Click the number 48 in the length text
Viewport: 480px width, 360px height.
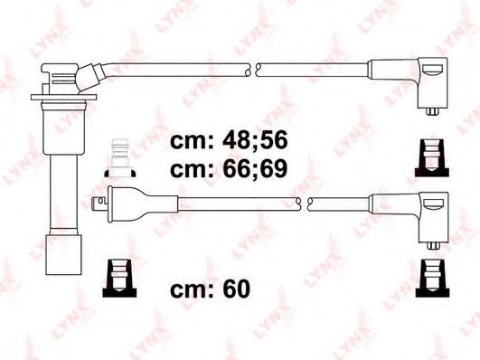tap(234, 140)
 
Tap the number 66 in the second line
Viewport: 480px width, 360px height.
tap(234, 169)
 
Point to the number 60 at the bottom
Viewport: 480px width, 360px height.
tap(236, 289)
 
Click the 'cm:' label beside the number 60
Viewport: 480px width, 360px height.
tap(192, 289)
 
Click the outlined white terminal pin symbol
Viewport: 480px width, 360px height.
tap(120, 158)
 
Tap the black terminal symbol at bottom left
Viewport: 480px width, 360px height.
tap(119, 279)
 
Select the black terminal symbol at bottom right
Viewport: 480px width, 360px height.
tap(432, 279)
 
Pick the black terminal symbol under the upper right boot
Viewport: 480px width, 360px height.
tap(432, 158)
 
